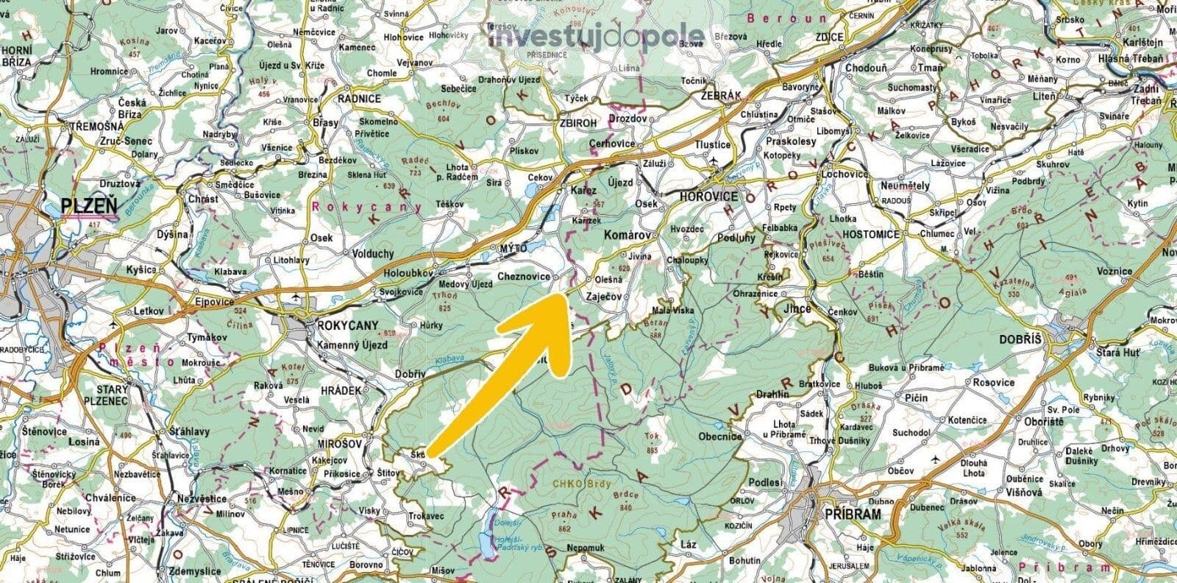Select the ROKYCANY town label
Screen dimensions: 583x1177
click(346, 325)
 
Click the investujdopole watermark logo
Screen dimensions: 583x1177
click(597, 36)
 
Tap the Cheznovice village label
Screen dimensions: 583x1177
click(524, 276)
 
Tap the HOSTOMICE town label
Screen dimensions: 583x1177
click(872, 234)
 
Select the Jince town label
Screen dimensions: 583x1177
click(797, 308)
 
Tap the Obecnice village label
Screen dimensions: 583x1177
click(720, 436)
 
